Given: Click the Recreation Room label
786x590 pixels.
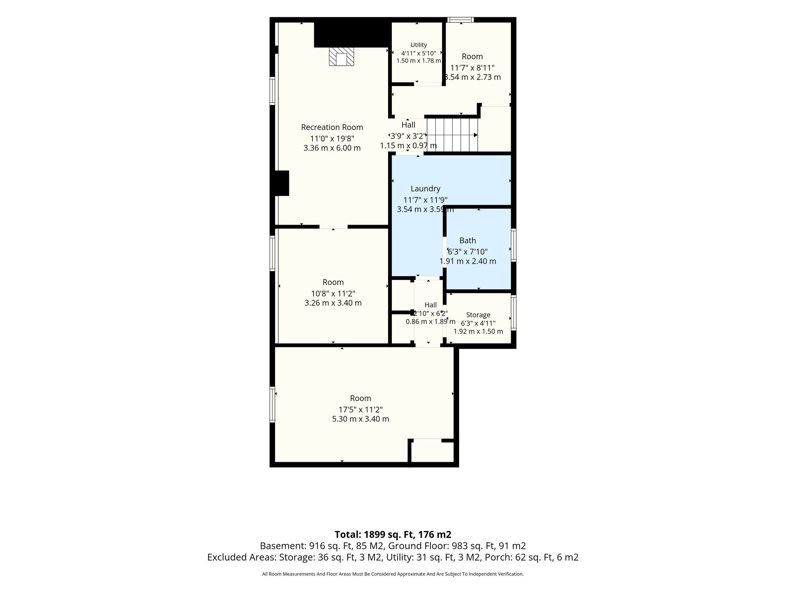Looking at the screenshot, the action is (332, 127).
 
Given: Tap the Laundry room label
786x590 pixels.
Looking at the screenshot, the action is (425, 189).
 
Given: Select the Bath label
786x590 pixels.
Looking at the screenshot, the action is (467, 240).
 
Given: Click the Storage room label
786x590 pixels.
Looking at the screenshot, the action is (478, 315).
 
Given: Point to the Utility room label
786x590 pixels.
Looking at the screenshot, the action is (419, 45).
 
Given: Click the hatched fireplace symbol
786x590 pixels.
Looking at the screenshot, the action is (341, 57).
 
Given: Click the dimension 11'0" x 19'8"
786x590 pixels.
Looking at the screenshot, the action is (332, 138).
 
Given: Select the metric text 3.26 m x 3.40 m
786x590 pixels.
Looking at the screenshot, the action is (333, 303).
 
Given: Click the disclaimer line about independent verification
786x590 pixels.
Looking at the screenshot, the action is (393, 574).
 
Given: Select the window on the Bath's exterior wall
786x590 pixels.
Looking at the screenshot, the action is (514, 245).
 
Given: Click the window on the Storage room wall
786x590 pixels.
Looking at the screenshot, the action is (514, 312).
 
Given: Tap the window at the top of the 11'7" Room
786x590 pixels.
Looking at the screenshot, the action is (461, 20).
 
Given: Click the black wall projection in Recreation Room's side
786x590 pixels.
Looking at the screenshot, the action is (282, 183).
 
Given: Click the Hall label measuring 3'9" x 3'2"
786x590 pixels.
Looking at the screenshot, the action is (408, 125).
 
